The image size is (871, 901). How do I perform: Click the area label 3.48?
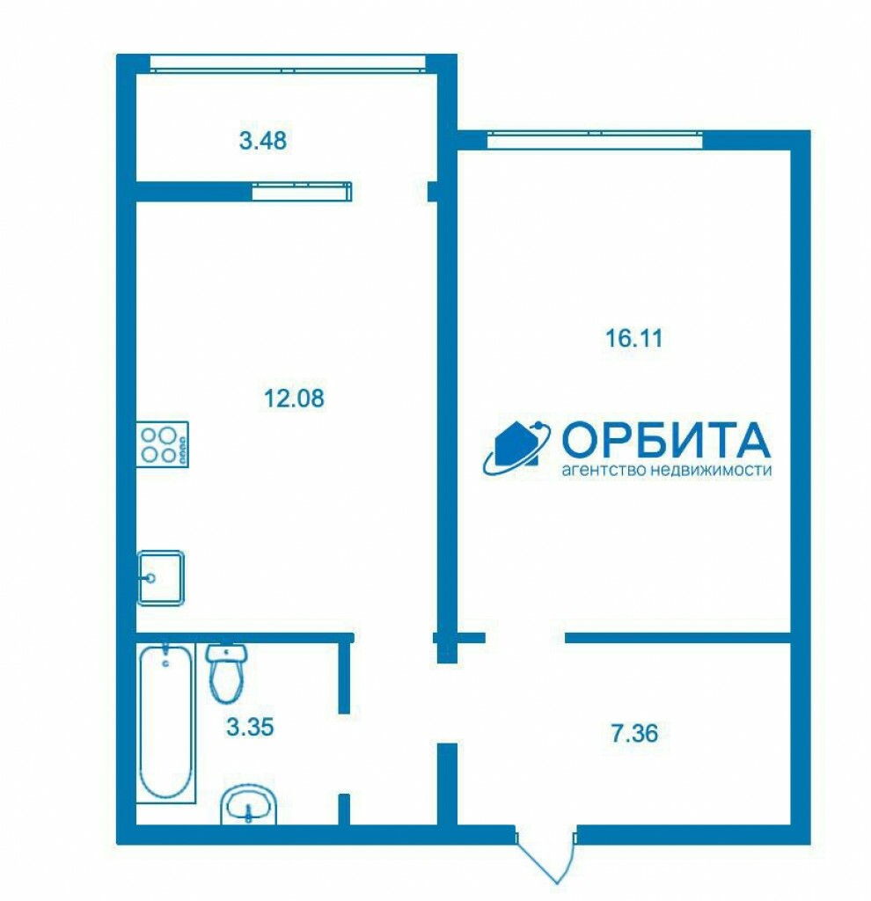pyautogui.click(x=262, y=141)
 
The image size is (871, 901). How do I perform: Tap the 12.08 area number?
pyautogui.click(x=294, y=398)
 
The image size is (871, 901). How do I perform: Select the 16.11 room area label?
pyautogui.click(x=633, y=338)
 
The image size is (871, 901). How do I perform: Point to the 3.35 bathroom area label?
pyautogui.click(x=250, y=727)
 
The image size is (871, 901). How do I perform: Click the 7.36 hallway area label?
pyautogui.click(x=634, y=734)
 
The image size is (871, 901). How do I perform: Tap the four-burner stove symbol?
pyautogui.click(x=163, y=444)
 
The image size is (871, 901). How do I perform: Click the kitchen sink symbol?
pyautogui.click(x=160, y=577)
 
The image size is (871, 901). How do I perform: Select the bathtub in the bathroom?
pyautogui.click(x=166, y=722)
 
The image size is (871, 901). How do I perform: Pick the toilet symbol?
pyautogui.click(x=227, y=673)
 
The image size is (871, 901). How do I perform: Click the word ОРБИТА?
pyautogui.click(x=665, y=438)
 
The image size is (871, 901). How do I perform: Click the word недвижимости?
pyautogui.click(x=711, y=470)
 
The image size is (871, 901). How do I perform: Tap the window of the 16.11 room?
pyautogui.click(x=595, y=140)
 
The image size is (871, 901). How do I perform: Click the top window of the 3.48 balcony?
pyautogui.click(x=288, y=63)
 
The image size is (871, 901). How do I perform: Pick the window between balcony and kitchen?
pyautogui.click(x=302, y=191)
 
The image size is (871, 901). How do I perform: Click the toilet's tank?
pyautogui.click(x=227, y=653)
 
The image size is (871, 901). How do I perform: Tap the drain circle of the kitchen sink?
pyautogui.click(x=150, y=577)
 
